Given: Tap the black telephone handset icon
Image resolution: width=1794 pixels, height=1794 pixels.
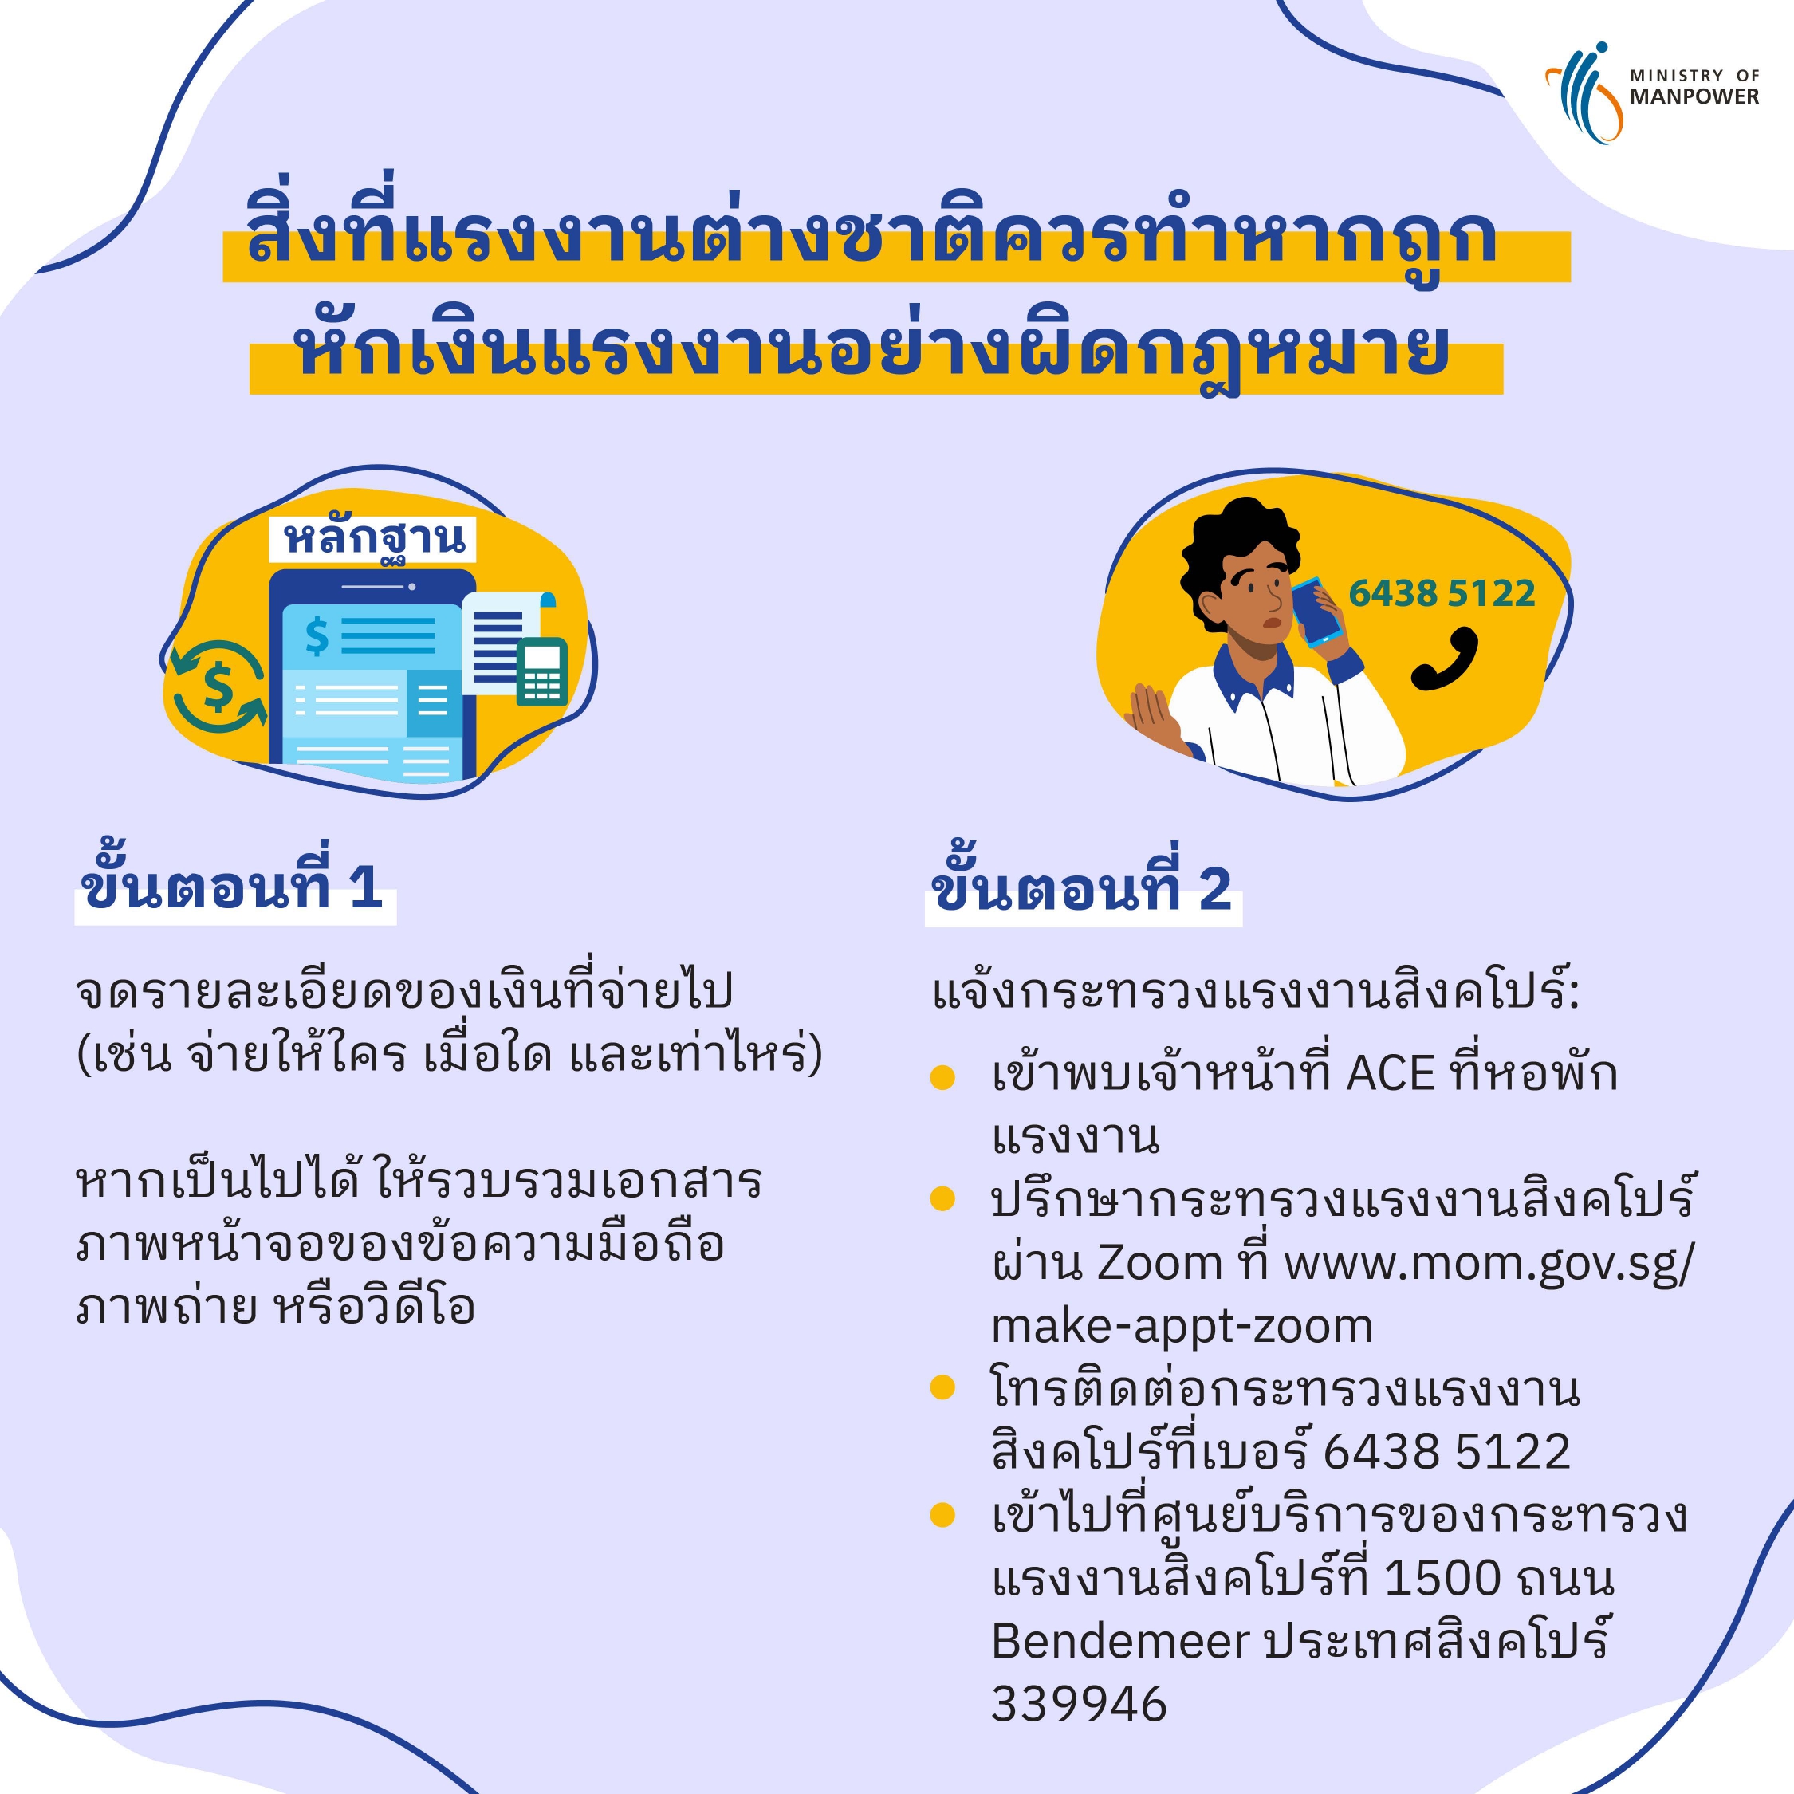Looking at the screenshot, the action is [1444, 659].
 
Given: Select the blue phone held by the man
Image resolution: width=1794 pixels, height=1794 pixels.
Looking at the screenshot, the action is [1316, 613].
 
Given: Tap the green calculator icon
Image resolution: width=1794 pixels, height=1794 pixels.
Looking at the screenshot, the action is [542, 671].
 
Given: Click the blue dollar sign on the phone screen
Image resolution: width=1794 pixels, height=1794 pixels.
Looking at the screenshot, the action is [317, 636].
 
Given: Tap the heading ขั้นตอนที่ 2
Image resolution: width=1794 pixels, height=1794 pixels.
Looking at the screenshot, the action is [1082, 886].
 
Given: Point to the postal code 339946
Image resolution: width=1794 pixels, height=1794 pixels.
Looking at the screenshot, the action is [1079, 1705].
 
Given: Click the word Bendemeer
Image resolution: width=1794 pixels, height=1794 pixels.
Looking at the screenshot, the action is [1120, 1642].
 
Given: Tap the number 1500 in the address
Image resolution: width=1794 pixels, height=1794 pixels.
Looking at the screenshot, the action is [1441, 1579].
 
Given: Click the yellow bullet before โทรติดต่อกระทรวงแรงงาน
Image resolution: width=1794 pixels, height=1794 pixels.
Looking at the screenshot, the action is [942, 1387].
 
